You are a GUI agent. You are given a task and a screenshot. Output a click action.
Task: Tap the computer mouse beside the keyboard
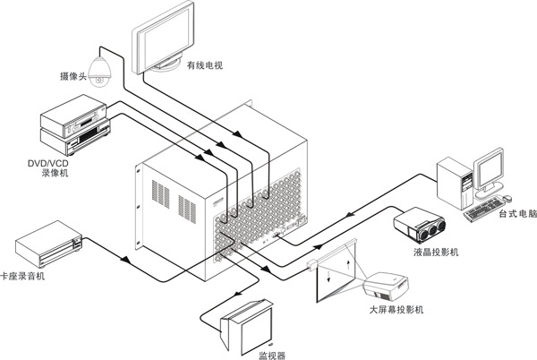click(507, 196)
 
